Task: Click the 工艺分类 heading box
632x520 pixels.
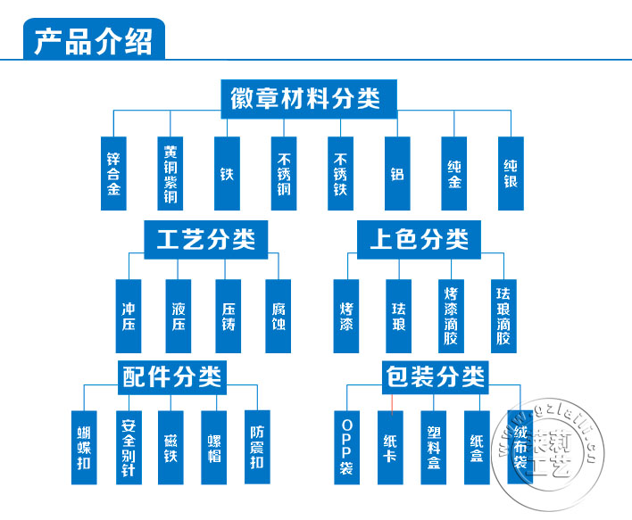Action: click(205, 239)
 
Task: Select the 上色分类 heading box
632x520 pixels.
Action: click(419, 239)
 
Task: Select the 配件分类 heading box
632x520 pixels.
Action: click(170, 376)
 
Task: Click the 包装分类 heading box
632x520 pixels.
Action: click(436, 376)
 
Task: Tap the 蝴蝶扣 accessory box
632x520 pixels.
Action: click(84, 447)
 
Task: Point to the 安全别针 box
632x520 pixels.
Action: click(128, 447)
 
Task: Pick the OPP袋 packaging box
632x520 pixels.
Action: click(346, 447)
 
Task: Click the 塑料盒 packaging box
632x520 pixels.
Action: click(434, 447)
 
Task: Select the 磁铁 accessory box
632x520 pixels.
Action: click(170, 447)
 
